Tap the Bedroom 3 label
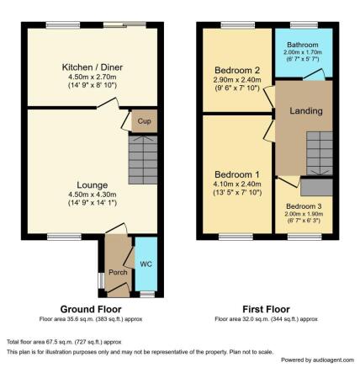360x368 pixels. point(303,206)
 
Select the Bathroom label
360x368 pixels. point(304,45)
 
